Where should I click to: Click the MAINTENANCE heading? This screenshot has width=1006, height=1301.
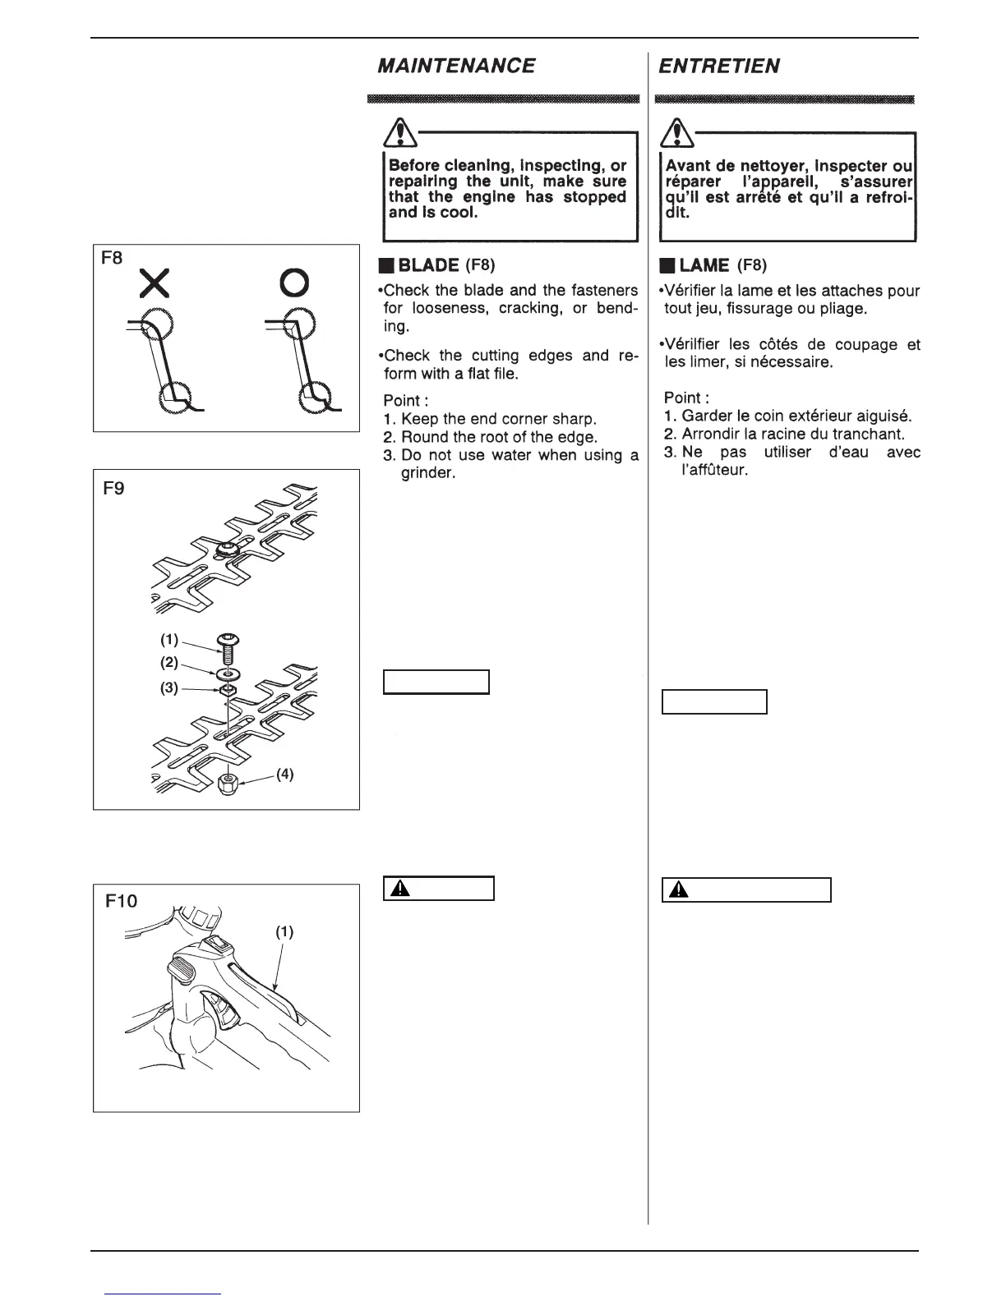click(x=455, y=66)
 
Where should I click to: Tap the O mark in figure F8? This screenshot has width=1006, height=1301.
click(x=293, y=283)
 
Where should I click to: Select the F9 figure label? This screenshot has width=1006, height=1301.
click(x=113, y=497)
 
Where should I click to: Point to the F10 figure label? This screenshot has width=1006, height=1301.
click(x=122, y=901)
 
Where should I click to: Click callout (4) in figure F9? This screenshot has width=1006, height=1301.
click(x=284, y=774)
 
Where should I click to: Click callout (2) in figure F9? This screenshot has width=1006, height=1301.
click(x=169, y=662)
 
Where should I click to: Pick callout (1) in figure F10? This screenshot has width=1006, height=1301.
click(x=284, y=931)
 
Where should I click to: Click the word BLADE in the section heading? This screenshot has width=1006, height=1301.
click(x=428, y=265)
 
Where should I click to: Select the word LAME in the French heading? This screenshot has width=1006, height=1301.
click(x=704, y=265)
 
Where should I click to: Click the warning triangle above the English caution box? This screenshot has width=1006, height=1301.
click(x=400, y=131)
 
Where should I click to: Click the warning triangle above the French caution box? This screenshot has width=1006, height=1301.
click(x=678, y=131)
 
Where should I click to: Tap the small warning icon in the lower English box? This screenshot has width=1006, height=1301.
click(x=399, y=889)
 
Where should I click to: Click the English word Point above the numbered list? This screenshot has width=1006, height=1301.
click(x=405, y=401)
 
